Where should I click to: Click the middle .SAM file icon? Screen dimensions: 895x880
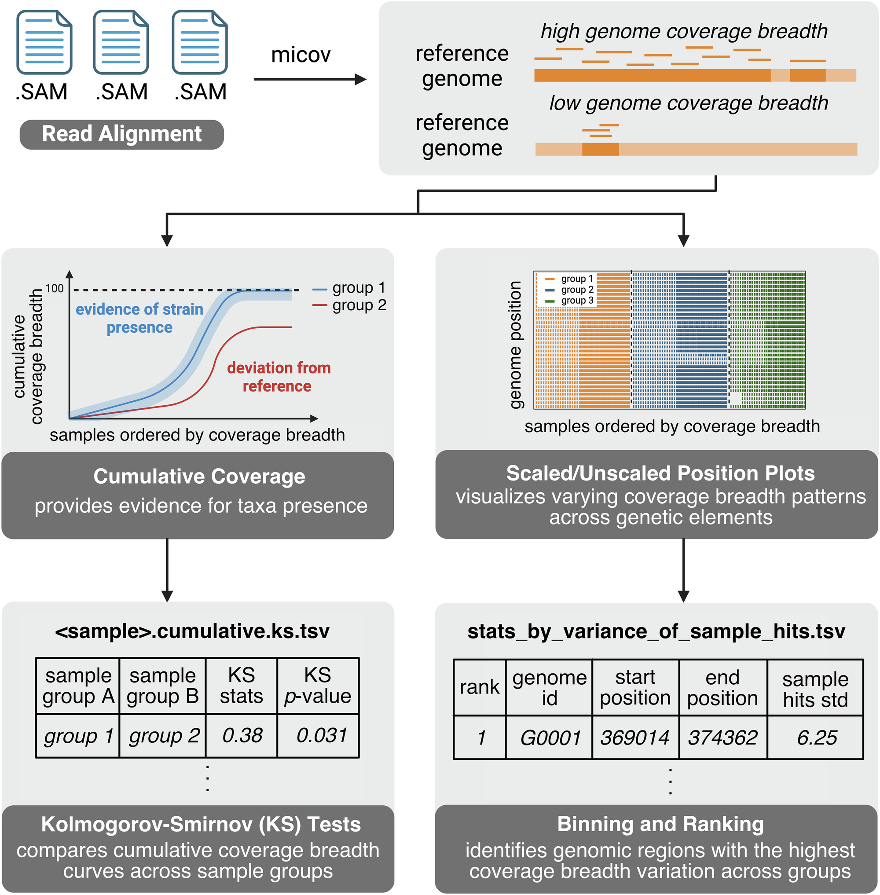121,43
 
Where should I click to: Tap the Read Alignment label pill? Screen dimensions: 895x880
121,135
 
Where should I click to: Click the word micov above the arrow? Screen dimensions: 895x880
301,55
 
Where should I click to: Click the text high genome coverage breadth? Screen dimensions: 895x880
684,31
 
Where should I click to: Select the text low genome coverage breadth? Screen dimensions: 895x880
688,103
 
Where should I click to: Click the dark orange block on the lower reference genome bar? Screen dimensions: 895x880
600,149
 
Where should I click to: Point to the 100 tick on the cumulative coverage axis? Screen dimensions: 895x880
55,289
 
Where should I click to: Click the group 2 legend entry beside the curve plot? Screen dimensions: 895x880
350,305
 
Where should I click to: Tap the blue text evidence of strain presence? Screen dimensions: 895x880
139,318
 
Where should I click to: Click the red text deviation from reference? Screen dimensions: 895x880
278,377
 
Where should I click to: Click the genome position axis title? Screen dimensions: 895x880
515,345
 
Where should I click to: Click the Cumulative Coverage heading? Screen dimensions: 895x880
199,477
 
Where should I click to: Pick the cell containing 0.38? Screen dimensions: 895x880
242,736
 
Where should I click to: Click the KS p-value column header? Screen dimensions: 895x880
318,686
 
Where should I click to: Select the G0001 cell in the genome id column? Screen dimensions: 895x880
550,738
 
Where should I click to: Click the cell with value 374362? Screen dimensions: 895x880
722,738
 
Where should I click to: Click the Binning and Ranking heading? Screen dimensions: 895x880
660,824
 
